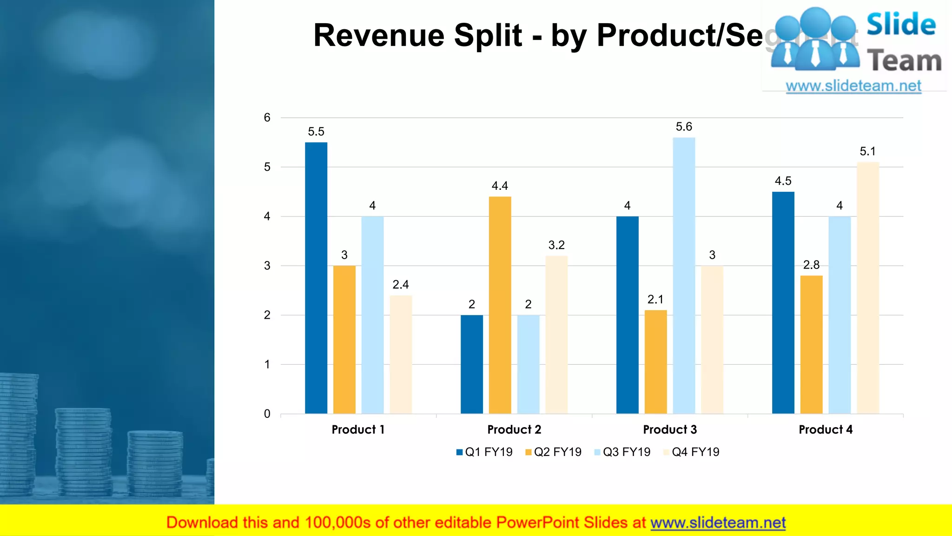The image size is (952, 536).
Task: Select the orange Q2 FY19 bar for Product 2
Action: click(500, 305)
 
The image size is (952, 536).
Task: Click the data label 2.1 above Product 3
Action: click(655, 299)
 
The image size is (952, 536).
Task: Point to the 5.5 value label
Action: click(316, 132)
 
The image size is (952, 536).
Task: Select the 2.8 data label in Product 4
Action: click(811, 265)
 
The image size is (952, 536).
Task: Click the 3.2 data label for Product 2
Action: click(556, 245)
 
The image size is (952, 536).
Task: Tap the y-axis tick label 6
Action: click(267, 118)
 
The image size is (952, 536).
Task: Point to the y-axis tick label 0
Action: click(267, 414)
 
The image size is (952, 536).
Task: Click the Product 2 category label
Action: click(514, 429)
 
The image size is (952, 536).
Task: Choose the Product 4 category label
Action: click(826, 429)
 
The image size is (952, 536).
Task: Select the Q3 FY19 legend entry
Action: click(622, 452)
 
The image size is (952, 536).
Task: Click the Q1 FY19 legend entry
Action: click(484, 452)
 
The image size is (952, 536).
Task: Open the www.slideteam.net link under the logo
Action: click(853, 86)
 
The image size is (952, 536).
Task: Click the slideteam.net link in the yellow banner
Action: click(718, 523)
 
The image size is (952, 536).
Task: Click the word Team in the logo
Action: click(904, 61)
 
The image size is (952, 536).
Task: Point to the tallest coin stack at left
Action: click(19, 433)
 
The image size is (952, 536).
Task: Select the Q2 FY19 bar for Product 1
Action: click(344, 340)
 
